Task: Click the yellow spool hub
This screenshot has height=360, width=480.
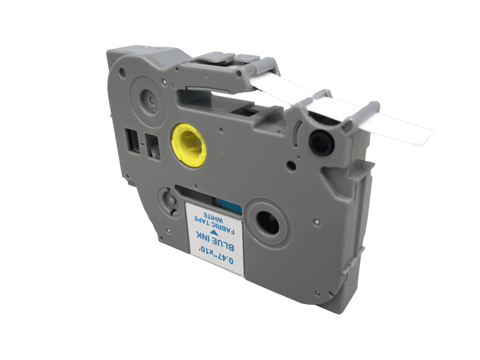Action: click(x=189, y=145)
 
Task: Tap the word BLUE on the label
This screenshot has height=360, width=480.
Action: click(x=226, y=244)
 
